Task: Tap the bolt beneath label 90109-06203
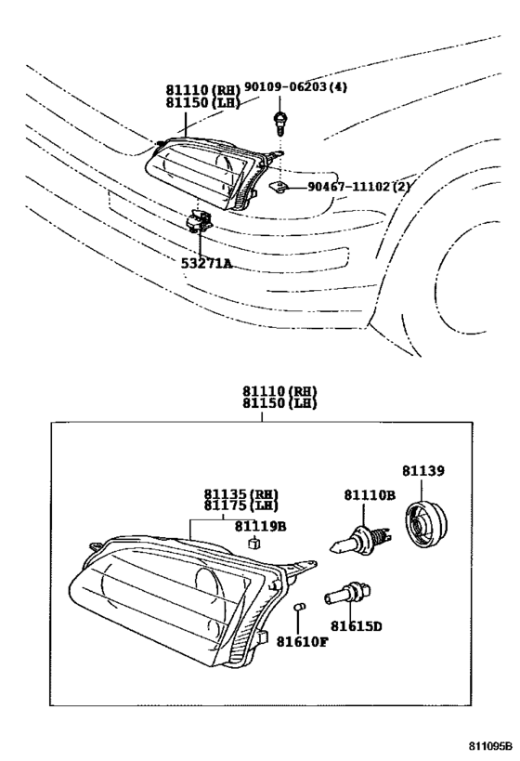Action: (x=279, y=124)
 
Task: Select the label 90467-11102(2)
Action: (x=358, y=187)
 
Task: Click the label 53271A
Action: (x=206, y=263)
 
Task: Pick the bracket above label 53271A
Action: (x=199, y=221)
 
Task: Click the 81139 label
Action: (x=423, y=471)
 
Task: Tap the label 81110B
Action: (x=370, y=495)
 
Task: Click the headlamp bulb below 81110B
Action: (x=360, y=539)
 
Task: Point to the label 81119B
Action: (x=261, y=526)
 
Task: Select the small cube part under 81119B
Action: (x=253, y=543)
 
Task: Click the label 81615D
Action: (x=357, y=626)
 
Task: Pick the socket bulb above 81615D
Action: (x=348, y=594)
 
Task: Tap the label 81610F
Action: (x=302, y=642)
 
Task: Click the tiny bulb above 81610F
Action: (x=299, y=607)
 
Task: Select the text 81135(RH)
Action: (x=241, y=494)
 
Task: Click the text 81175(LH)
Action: (x=241, y=505)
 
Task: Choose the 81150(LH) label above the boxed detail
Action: (x=279, y=403)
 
